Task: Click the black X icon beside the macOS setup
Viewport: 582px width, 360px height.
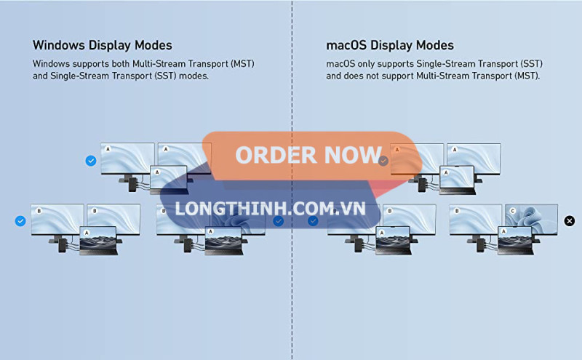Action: [569, 220]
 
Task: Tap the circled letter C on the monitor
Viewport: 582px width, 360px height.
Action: [512, 211]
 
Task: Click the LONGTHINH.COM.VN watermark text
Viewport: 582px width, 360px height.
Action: [270, 208]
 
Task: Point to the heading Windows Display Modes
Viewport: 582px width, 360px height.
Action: [103, 45]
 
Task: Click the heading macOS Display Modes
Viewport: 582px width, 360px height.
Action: [390, 45]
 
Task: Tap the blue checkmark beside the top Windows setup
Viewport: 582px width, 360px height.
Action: [91, 161]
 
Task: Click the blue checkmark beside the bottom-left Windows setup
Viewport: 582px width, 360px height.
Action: [20, 220]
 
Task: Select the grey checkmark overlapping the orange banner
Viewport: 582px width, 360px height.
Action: [383, 161]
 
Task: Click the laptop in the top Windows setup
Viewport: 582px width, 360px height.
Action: [168, 179]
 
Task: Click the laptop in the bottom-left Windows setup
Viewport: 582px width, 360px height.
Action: [98, 239]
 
